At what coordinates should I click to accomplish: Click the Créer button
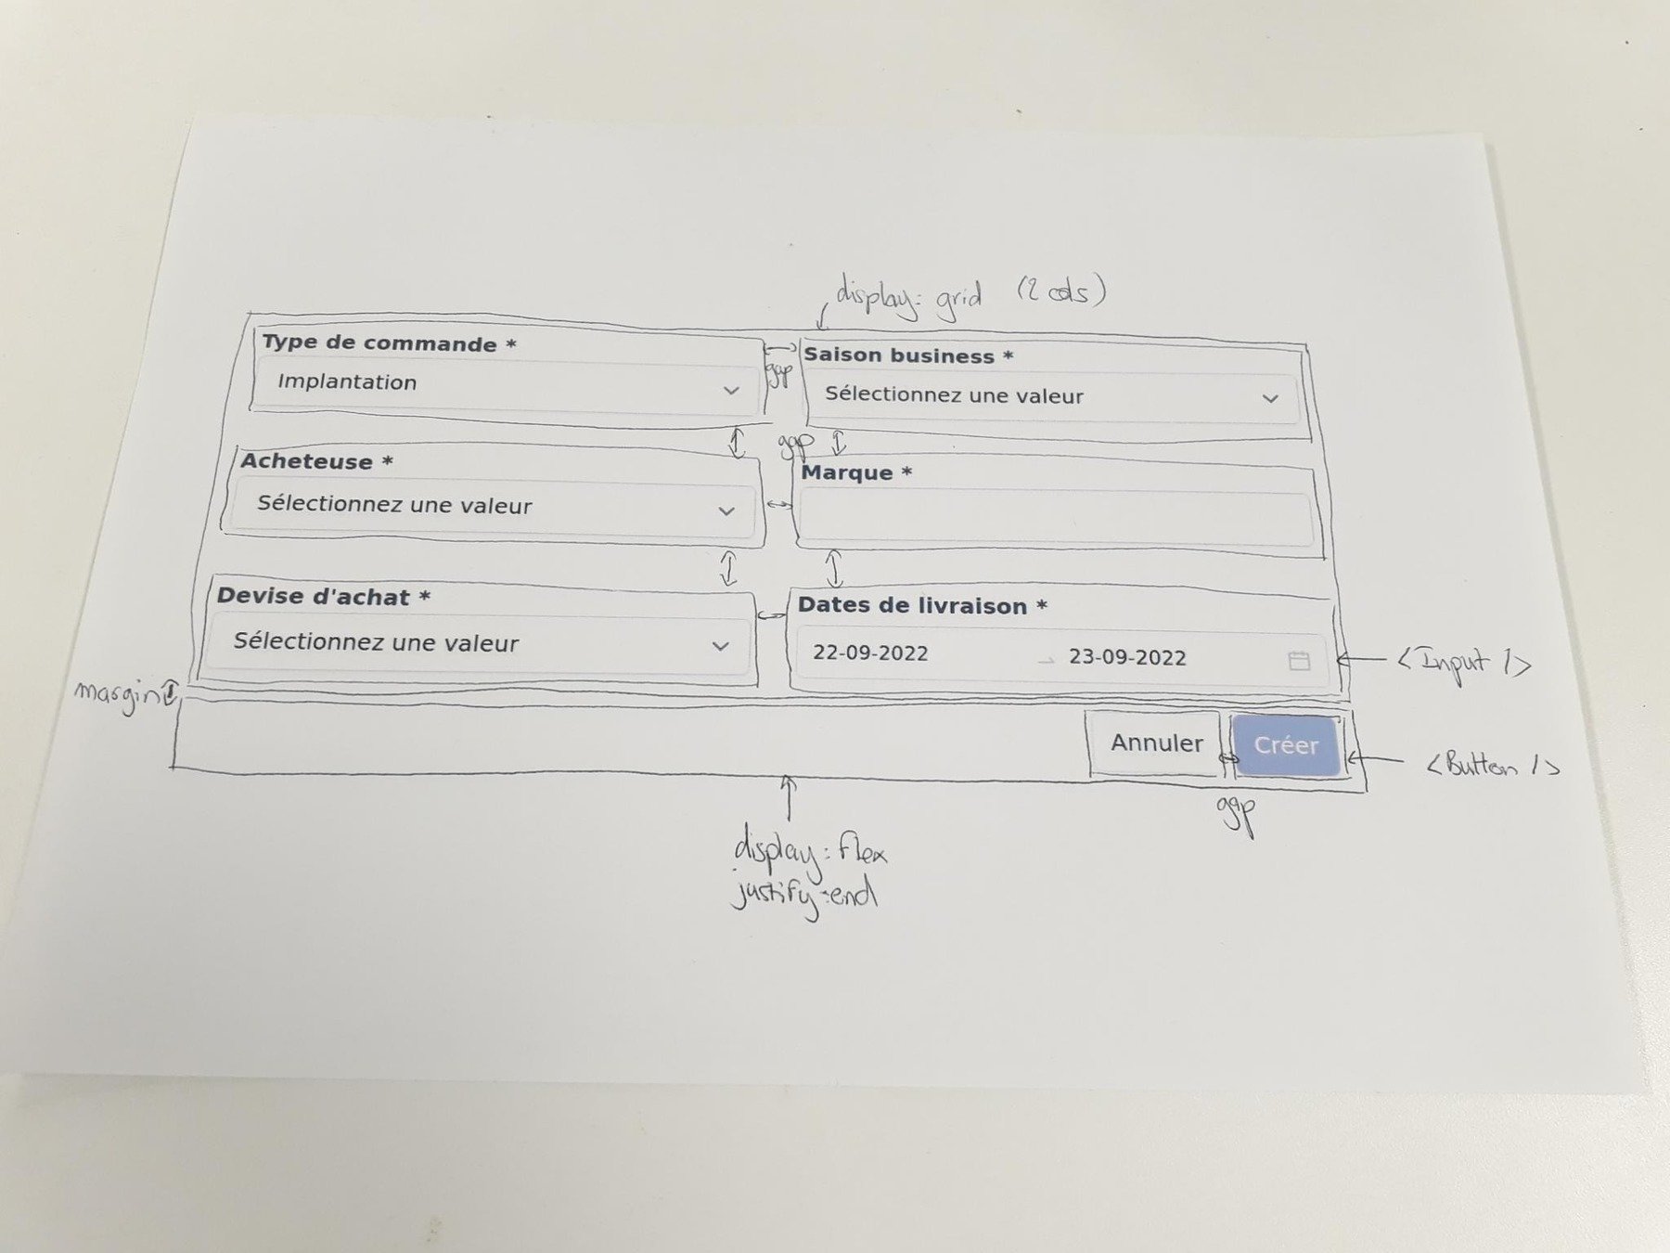1286,745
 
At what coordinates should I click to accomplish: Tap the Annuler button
1156,743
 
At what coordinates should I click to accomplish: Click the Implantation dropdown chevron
731,391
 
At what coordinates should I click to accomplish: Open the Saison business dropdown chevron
1270,399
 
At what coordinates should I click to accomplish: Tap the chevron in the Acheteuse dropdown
726,511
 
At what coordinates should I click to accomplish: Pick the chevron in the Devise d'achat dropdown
720,646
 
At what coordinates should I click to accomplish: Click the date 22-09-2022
870,653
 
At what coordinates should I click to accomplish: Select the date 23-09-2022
1127,658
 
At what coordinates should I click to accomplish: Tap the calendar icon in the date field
1299,661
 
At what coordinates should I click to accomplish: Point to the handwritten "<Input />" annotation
1463,663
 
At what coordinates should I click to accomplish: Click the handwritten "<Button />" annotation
1492,766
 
